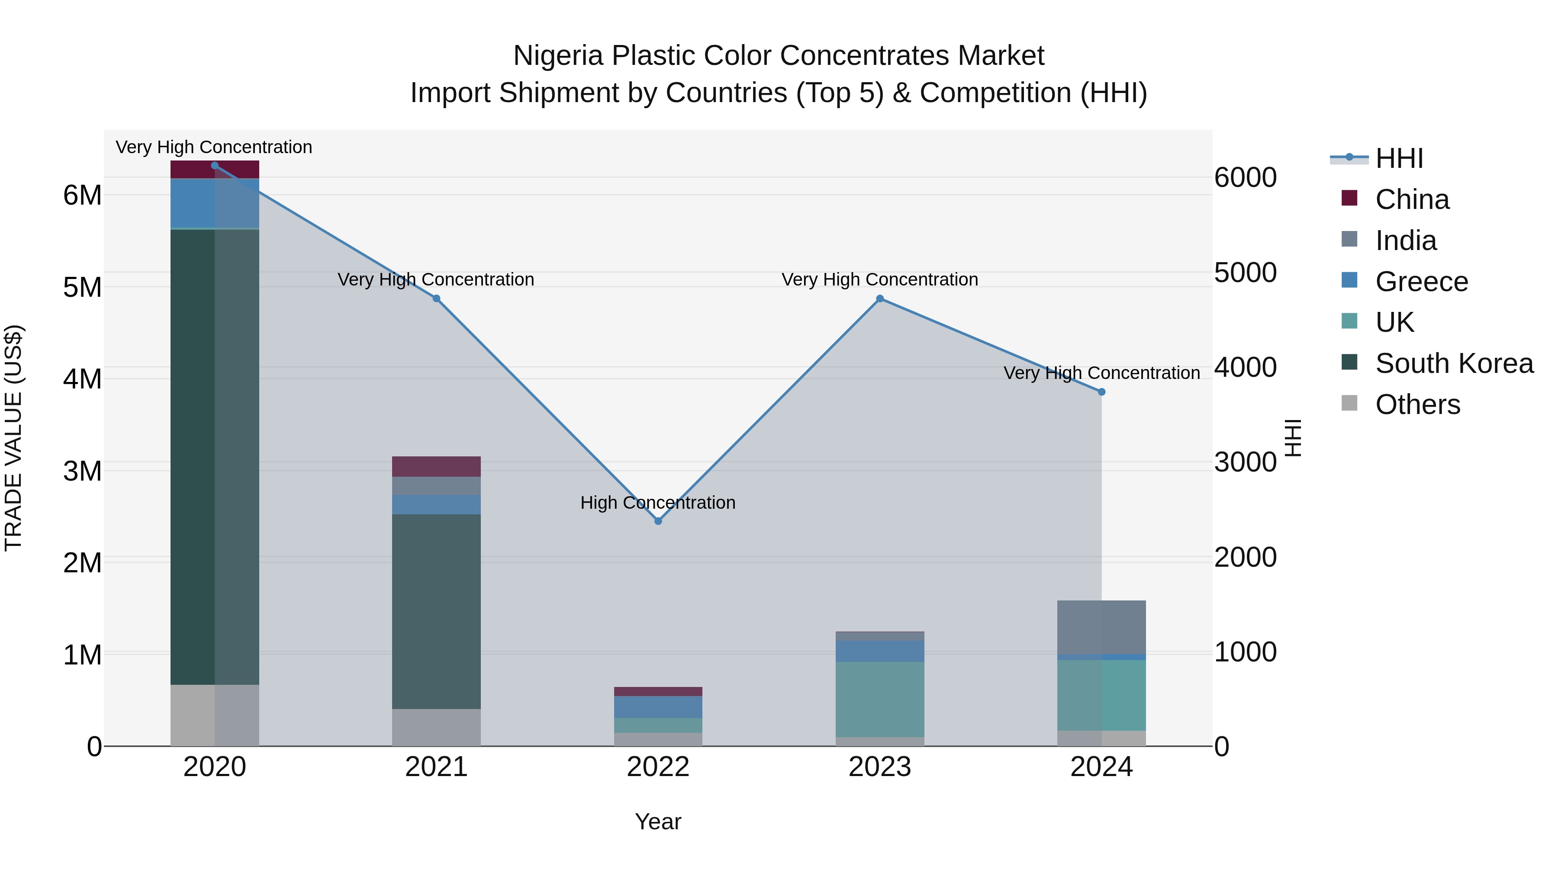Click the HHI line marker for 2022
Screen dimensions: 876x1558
pos(658,520)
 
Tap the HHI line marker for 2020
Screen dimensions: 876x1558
pos(215,166)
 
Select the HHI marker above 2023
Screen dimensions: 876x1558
pos(880,298)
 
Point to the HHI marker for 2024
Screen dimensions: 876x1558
pos(1101,392)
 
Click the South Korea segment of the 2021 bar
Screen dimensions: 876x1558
pos(436,610)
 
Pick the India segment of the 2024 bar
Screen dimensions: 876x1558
pos(1101,627)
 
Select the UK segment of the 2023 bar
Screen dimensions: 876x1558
pos(880,699)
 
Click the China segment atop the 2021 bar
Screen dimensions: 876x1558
pos(436,466)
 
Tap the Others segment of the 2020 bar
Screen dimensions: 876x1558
pos(215,715)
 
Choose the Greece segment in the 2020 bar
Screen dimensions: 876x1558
pos(215,203)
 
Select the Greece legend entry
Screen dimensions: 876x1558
pos(1421,282)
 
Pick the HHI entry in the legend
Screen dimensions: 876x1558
pos(1398,158)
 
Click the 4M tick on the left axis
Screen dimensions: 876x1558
pos(83,379)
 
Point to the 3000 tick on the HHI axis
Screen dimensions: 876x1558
pos(1245,462)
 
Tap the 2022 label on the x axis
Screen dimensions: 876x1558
pos(658,767)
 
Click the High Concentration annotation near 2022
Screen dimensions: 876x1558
pos(657,502)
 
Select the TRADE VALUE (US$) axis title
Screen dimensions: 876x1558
pos(14,438)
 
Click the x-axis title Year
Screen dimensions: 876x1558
pos(658,821)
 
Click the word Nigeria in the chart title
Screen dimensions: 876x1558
pos(558,56)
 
